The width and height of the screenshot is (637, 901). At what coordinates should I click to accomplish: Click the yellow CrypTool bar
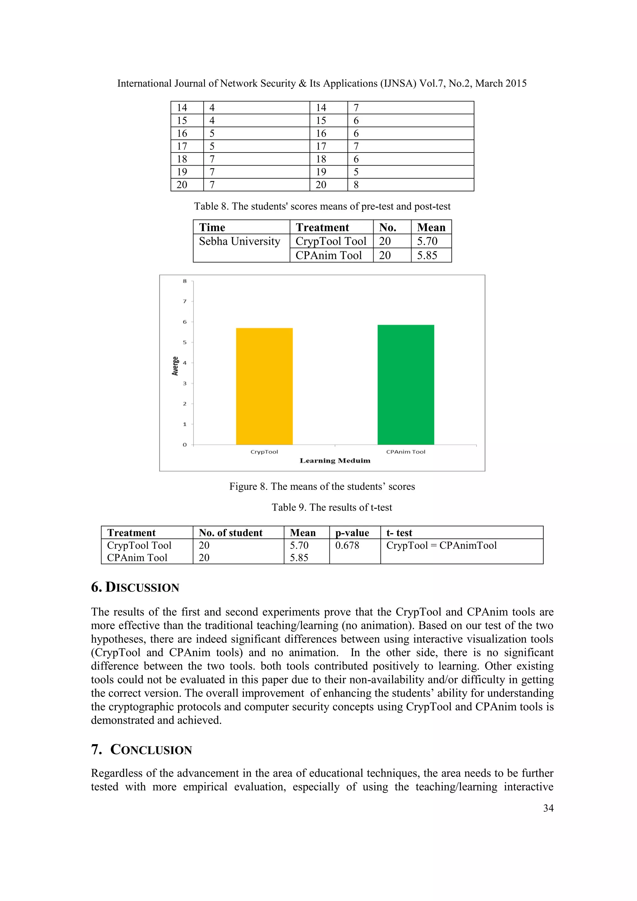264,386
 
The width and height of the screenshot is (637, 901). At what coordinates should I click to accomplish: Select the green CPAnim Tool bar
406,385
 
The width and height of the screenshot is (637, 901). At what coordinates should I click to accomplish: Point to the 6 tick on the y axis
185,322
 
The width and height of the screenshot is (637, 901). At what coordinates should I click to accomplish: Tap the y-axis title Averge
175,366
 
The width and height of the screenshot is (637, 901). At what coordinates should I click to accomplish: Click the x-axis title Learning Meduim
335,461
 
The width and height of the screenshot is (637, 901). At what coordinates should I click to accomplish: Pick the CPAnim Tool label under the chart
406,452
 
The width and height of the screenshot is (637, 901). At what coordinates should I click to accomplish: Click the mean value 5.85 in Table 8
427,255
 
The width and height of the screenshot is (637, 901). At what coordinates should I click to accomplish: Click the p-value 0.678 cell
347,545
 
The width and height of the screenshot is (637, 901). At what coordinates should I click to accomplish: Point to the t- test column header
399,533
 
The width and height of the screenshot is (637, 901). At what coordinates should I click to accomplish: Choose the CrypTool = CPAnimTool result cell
441,545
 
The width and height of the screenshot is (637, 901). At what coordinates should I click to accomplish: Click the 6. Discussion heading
135,587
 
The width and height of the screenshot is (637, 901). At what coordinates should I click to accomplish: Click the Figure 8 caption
322,487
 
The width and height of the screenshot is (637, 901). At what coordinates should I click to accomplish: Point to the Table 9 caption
332,507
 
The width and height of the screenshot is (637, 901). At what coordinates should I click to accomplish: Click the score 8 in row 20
356,185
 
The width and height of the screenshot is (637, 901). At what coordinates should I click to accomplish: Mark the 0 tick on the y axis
185,445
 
